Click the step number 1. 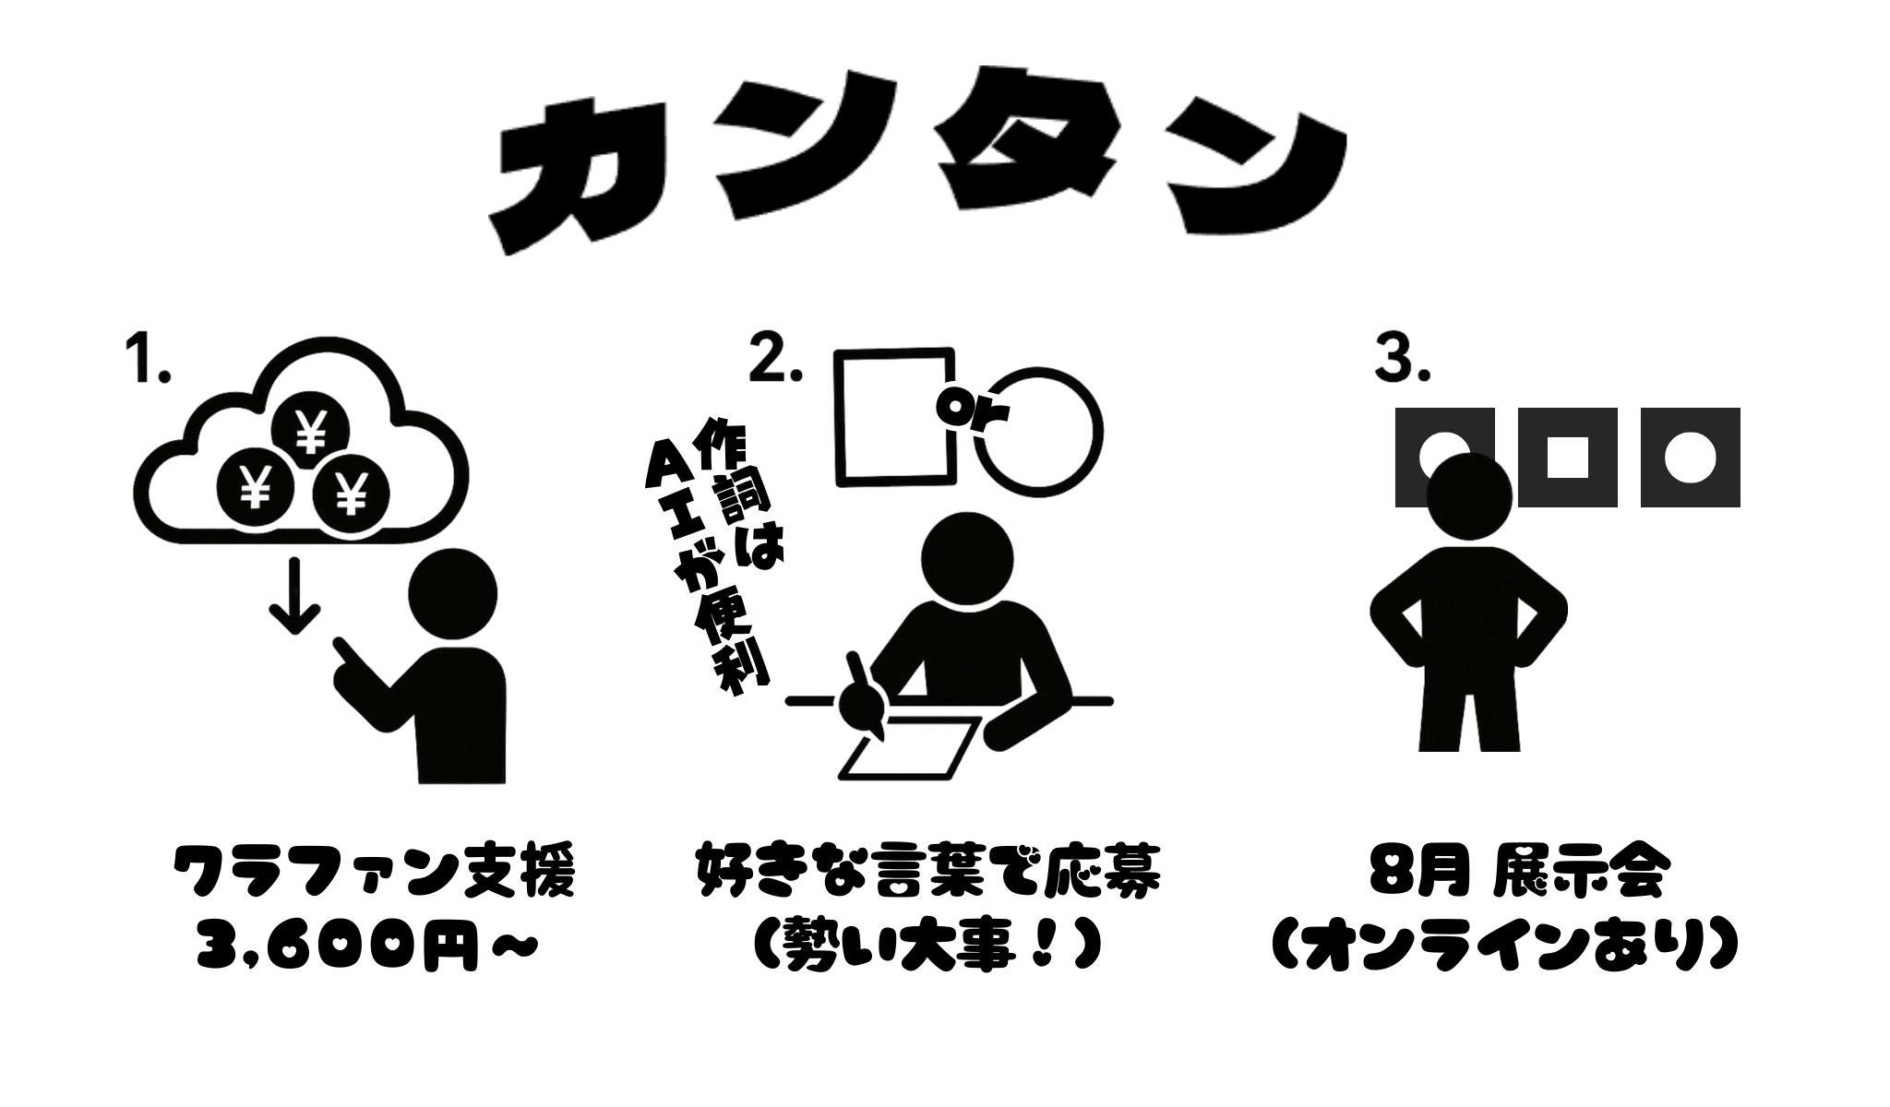[148, 359]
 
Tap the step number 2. [774, 359]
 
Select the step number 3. [1402, 359]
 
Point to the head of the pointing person [453, 594]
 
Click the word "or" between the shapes [974, 407]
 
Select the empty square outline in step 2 [836, 415]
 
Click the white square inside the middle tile [1567, 458]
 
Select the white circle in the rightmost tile [1690, 458]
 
